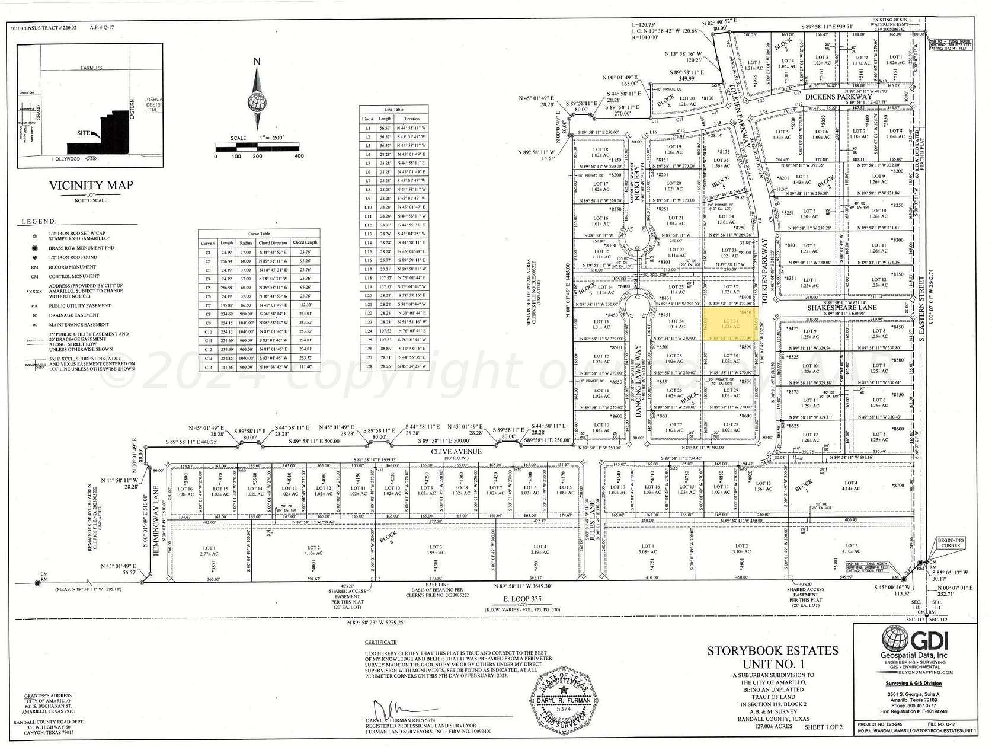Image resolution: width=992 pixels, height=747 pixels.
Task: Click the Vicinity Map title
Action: click(x=91, y=186)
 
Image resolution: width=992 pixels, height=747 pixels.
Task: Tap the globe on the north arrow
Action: click(x=257, y=103)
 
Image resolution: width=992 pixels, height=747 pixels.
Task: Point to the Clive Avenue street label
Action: click(x=465, y=452)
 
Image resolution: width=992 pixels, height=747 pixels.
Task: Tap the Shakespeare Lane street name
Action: click(x=841, y=308)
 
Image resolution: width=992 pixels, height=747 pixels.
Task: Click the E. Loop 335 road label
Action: click(x=522, y=599)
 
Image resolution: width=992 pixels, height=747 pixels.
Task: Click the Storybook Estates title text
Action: click(x=773, y=651)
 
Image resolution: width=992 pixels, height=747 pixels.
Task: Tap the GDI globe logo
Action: click(x=895, y=639)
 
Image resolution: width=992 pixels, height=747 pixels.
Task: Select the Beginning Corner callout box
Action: click(x=951, y=542)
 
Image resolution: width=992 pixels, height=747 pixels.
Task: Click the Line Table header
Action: click(x=393, y=110)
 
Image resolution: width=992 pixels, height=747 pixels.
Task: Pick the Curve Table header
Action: click(x=259, y=234)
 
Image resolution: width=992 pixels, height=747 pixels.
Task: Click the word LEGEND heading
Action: click(x=39, y=222)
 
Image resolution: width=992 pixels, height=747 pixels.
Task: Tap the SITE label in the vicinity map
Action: click(x=84, y=133)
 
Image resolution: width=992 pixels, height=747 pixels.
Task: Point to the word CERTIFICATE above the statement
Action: click(x=380, y=642)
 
